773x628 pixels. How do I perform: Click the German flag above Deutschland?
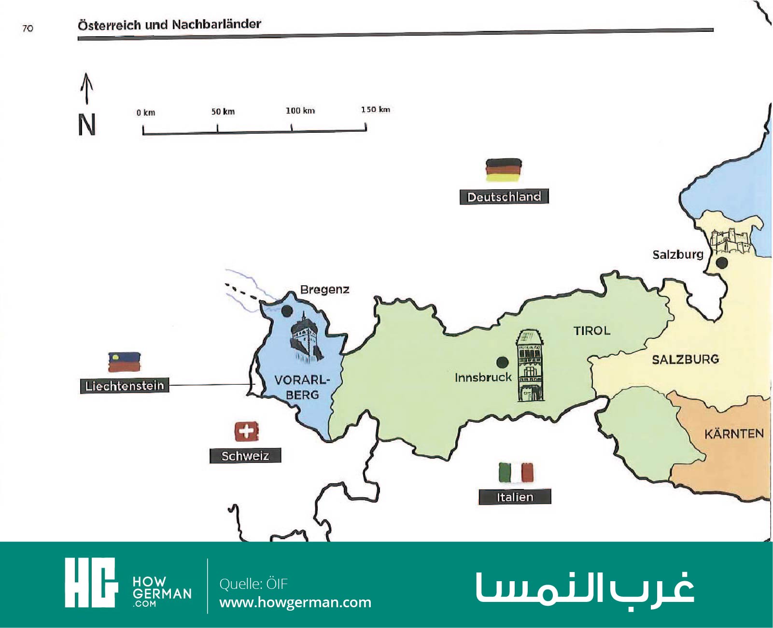pos(504,170)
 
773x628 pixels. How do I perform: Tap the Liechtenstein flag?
pos(125,362)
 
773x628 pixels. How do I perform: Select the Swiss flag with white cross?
pos(246,431)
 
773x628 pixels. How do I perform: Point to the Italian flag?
pos(516,473)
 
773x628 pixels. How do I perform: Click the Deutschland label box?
pos(504,197)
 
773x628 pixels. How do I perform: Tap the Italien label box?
pos(515,497)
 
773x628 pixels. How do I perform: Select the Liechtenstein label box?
pos(125,386)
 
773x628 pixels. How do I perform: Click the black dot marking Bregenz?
pos(287,310)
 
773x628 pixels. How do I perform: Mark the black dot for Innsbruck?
pos(502,362)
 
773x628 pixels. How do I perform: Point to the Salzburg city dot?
pos(722,263)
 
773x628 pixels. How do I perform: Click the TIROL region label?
pos(592,331)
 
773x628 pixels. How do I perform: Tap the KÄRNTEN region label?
pos(734,433)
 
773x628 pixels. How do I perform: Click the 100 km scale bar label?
pos(300,111)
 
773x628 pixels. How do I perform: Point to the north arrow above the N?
pos(86,88)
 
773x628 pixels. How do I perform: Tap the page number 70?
pos(28,28)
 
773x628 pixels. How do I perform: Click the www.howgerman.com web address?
pos(295,602)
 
